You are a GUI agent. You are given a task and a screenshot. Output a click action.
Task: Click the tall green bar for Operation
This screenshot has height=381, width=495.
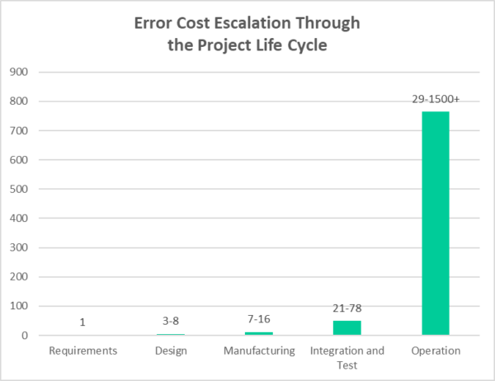(435, 223)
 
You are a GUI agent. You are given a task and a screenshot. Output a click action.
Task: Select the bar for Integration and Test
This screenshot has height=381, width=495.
(347, 327)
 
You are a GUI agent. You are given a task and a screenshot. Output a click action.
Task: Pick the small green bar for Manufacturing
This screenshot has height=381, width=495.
(259, 333)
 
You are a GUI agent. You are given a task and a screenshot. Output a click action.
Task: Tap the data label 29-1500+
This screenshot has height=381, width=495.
(435, 99)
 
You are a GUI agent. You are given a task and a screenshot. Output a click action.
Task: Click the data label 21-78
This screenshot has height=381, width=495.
(347, 308)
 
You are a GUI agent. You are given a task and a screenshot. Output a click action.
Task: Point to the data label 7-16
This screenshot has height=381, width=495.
(259, 320)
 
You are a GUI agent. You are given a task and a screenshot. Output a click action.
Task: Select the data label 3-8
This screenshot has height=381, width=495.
(171, 322)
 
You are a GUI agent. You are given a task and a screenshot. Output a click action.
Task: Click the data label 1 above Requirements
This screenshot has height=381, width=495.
(82, 322)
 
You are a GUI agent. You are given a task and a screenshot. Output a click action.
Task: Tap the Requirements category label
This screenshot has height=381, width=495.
(82, 350)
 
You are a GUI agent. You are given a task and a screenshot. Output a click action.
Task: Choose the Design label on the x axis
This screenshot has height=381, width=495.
(171, 350)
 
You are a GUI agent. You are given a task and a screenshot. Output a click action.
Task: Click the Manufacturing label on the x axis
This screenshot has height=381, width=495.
(259, 350)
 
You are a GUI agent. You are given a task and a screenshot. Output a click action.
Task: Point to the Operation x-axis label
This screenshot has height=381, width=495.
(435, 350)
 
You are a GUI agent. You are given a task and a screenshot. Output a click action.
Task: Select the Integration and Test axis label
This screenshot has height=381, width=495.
(347, 357)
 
